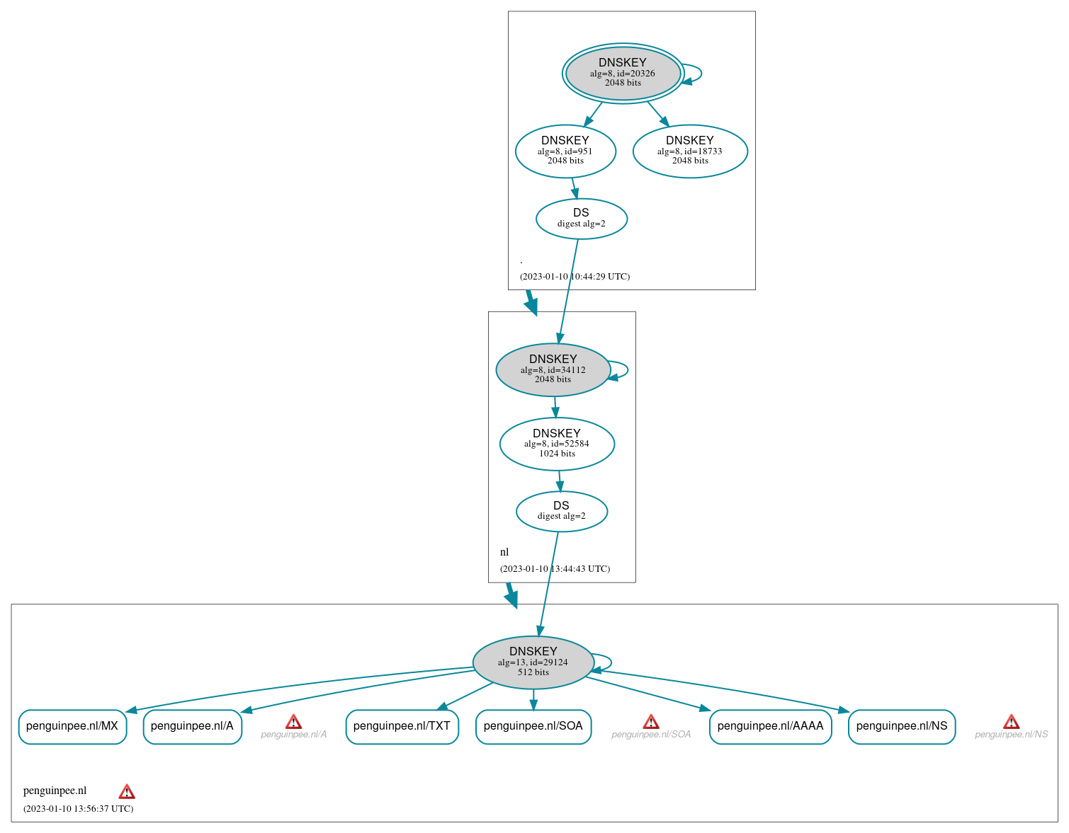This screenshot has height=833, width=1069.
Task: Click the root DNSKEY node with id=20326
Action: click(623, 73)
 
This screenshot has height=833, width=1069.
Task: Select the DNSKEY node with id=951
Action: click(565, 151)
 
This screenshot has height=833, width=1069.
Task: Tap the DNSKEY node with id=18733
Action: click(690, 151)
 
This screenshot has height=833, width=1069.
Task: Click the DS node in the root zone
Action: click(581, 218)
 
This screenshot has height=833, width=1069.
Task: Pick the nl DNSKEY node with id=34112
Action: click(553, 369)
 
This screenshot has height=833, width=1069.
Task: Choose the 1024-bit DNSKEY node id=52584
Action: click(557, 444)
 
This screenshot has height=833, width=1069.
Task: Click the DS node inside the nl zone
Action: click(561, 511)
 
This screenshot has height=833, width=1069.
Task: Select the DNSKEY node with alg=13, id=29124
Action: click(533, 662)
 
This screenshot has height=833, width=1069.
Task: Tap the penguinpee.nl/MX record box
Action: click(72, 726)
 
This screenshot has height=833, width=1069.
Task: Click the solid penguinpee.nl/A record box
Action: click(192, 726)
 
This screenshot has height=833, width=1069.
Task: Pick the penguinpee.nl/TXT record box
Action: click(402, 726)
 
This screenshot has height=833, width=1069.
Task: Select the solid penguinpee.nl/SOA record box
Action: click(533, 726)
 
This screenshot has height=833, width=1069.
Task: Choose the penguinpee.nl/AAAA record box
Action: click(770, 726)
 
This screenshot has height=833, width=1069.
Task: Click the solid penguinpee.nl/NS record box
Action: click(901, 726)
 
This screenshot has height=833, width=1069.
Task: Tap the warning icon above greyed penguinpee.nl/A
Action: click(293, 722)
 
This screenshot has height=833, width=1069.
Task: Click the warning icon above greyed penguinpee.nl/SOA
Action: click(651, 722)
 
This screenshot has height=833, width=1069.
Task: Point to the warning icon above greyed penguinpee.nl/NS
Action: click(1011, 722)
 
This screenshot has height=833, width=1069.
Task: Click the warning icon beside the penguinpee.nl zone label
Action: click(127, 791)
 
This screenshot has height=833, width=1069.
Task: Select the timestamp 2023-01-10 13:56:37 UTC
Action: click(78, 808)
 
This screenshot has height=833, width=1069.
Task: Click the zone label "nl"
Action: click(504, 552)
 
